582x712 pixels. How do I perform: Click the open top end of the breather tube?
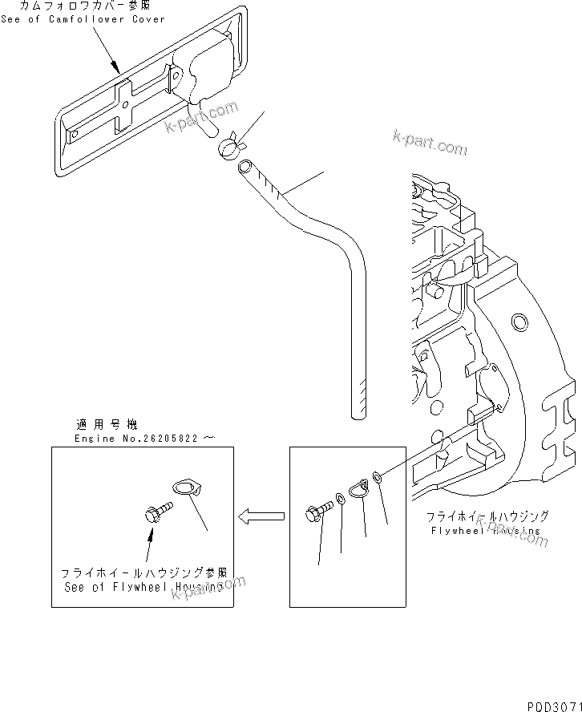click(245, 167)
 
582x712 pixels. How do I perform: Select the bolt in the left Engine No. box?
click(158, 510)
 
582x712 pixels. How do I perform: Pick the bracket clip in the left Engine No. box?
click(187, 487)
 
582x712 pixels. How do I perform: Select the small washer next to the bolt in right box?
click(341, 500)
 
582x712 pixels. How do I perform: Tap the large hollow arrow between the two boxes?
click(261, 516)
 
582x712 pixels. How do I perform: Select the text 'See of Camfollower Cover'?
click(83, 19)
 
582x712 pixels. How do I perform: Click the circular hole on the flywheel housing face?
click(519, 323)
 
